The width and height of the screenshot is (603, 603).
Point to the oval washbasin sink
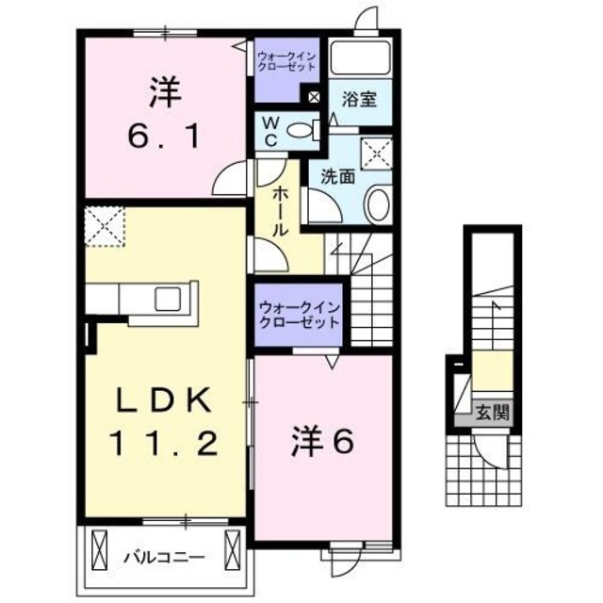(x=377, y=204)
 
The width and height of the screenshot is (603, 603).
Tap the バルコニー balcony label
(x=163, y=555)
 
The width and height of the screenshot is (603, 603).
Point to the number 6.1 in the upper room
(x=163, y=137)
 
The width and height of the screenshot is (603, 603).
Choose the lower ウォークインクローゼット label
(x=299, y=314)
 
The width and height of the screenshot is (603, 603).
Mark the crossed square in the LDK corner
(x=104, y=226)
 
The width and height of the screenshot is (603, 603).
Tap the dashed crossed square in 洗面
(x=377, y=153)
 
